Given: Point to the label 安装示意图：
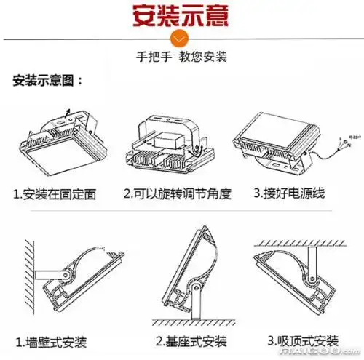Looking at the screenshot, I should click(x=48, y=80).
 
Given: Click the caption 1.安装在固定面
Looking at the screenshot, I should click(x=65, y=194).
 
